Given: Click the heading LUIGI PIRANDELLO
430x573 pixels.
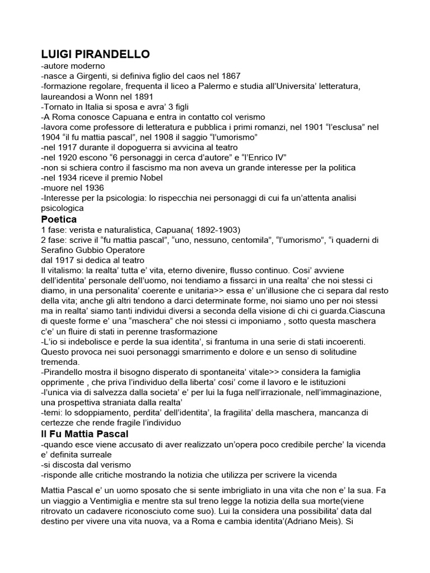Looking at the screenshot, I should click(96, 54).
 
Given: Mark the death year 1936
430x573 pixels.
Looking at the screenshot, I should click(93, 187).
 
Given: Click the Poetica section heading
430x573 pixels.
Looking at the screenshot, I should click(59, 218).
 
